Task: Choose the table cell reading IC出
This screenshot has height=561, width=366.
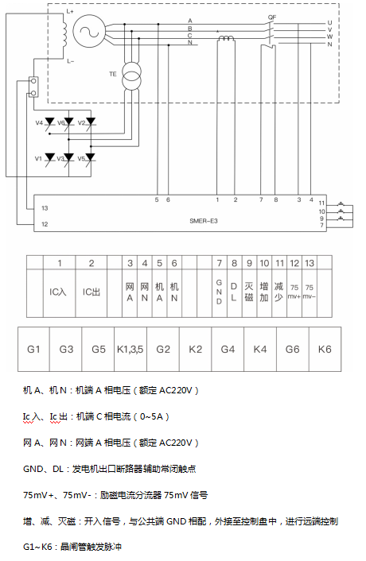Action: [92, 292]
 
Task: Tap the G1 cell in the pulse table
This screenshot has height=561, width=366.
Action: [33, 349]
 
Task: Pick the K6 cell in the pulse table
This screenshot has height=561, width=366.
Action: [325, 349]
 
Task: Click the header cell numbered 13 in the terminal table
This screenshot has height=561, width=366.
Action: [310, 262]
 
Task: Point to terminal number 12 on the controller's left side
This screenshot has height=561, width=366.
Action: [45, 224]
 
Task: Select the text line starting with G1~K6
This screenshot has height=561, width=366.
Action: [74, 547]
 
